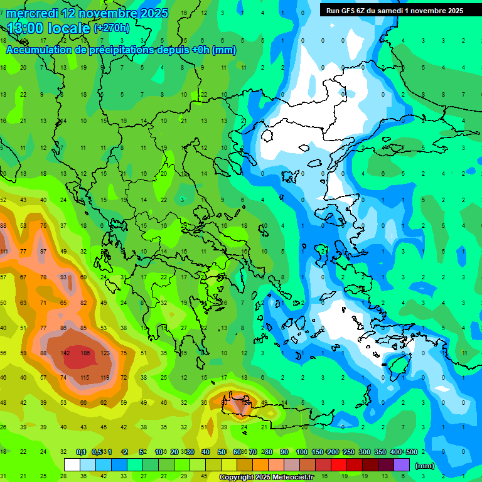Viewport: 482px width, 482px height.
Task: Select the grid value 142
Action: click(65, 353)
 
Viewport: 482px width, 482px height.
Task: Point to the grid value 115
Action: click(85, 377)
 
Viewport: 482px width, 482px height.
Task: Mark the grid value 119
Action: click(104, 377)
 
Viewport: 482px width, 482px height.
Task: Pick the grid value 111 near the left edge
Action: click(4, 252)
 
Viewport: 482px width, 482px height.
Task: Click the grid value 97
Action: click(43, 252)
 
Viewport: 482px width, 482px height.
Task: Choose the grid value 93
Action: click(63, 277)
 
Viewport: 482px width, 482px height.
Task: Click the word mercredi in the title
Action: click(29, 13)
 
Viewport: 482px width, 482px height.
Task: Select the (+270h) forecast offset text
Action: click(111, 28)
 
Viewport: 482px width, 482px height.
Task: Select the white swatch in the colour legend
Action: click(72, 465)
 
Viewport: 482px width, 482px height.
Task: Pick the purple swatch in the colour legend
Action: click(402, 465)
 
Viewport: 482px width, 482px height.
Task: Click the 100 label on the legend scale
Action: click(302, 452)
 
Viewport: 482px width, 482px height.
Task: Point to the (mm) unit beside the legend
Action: click(425, 466)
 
